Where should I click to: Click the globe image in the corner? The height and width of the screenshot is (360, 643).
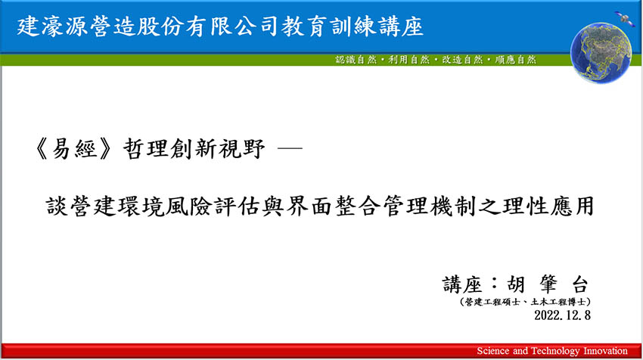pos(601,53)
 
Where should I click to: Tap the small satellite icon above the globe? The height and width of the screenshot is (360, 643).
pos(624,18)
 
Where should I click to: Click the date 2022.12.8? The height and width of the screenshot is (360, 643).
pos(562,315)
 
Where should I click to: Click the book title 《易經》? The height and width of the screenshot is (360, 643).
pos(73,148)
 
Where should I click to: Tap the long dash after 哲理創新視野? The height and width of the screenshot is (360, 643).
pos(290,148)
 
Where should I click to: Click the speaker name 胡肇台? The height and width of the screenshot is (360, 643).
pos(548,284)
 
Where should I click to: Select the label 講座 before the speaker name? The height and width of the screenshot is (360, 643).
pos(461,284)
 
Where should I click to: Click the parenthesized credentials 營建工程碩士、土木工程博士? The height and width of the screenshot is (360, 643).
pos(525,303)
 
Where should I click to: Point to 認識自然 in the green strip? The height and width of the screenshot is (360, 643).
pos(356,60)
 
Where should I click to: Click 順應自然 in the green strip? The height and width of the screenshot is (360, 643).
pos(515,60)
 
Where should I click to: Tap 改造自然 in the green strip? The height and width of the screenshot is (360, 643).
pos(462,60)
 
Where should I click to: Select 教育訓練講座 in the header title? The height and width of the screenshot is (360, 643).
pos(352,27)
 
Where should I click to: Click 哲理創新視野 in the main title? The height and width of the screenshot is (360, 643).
pos(194,148)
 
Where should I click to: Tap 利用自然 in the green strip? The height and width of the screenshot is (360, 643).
pos(408,60)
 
